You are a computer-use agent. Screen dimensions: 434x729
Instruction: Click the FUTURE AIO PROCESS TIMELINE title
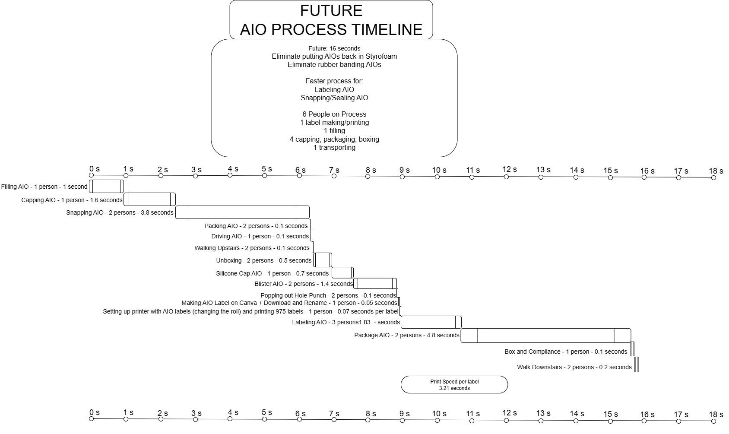click(x=331, y=20)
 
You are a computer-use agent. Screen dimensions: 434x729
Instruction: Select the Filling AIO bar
click(x=106, y=187)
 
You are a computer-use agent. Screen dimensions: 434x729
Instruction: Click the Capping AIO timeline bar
click(x=149, y=200)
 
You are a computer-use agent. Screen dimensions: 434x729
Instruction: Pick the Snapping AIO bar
click(x=242, y=212)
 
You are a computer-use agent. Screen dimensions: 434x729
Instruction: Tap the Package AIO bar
click(x=545, y=336)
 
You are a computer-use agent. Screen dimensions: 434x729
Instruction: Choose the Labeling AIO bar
click(x=431, y=322)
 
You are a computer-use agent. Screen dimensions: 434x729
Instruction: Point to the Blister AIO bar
click(x=375, y=283)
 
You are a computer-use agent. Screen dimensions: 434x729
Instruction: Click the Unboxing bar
click(x=323, y=260)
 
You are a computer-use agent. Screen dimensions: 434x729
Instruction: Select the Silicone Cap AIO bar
click(x=342, y=272)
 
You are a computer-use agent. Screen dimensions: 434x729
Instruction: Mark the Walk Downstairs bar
click(x=637, y=364)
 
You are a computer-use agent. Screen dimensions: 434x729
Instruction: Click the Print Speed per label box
click(x=454, y=385)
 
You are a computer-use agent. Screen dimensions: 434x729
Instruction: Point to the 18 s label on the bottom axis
click(x=716, y=415)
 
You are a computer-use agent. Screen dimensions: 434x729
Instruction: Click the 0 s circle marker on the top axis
click(x=91, y=175)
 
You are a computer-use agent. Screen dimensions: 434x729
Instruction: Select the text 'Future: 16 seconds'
click(x=334, y=48)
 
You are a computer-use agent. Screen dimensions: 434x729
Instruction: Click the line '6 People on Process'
click(x=334, y=114)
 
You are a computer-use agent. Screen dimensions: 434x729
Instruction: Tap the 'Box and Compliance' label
click(x=565, y=352)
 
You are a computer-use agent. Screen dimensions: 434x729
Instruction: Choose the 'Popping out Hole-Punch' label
click(x=328, y=295)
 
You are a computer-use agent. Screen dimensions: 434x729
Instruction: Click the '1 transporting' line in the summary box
click(x=334, y=147)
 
